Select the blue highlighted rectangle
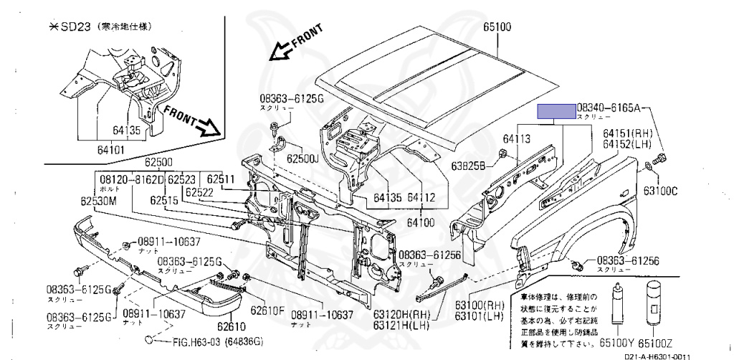557,110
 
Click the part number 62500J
302,158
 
